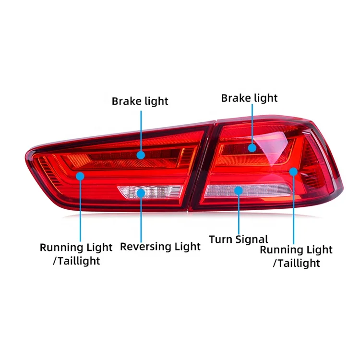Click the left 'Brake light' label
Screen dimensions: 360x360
coord(140,101)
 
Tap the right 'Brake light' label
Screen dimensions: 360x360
coord(249,98)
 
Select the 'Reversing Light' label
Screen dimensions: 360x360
coord(160,247)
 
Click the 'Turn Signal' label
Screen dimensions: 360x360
coord(239,239)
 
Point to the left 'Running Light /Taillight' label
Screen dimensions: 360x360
coord(76,254)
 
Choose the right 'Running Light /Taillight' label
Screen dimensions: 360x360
coord(296,256)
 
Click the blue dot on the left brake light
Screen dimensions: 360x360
coord(141,155)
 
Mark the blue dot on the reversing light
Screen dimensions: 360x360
coord(141,193)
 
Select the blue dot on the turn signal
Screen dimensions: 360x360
coord(239,191)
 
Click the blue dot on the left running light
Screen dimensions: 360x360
coord(80,176)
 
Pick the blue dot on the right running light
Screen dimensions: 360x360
coord(293,171)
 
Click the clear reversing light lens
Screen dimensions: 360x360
coord(158,192)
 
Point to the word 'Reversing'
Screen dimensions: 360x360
coord(145,247)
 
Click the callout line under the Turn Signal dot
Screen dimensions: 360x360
coord(239,214)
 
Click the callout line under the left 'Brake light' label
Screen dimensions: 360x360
coord(141,130)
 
